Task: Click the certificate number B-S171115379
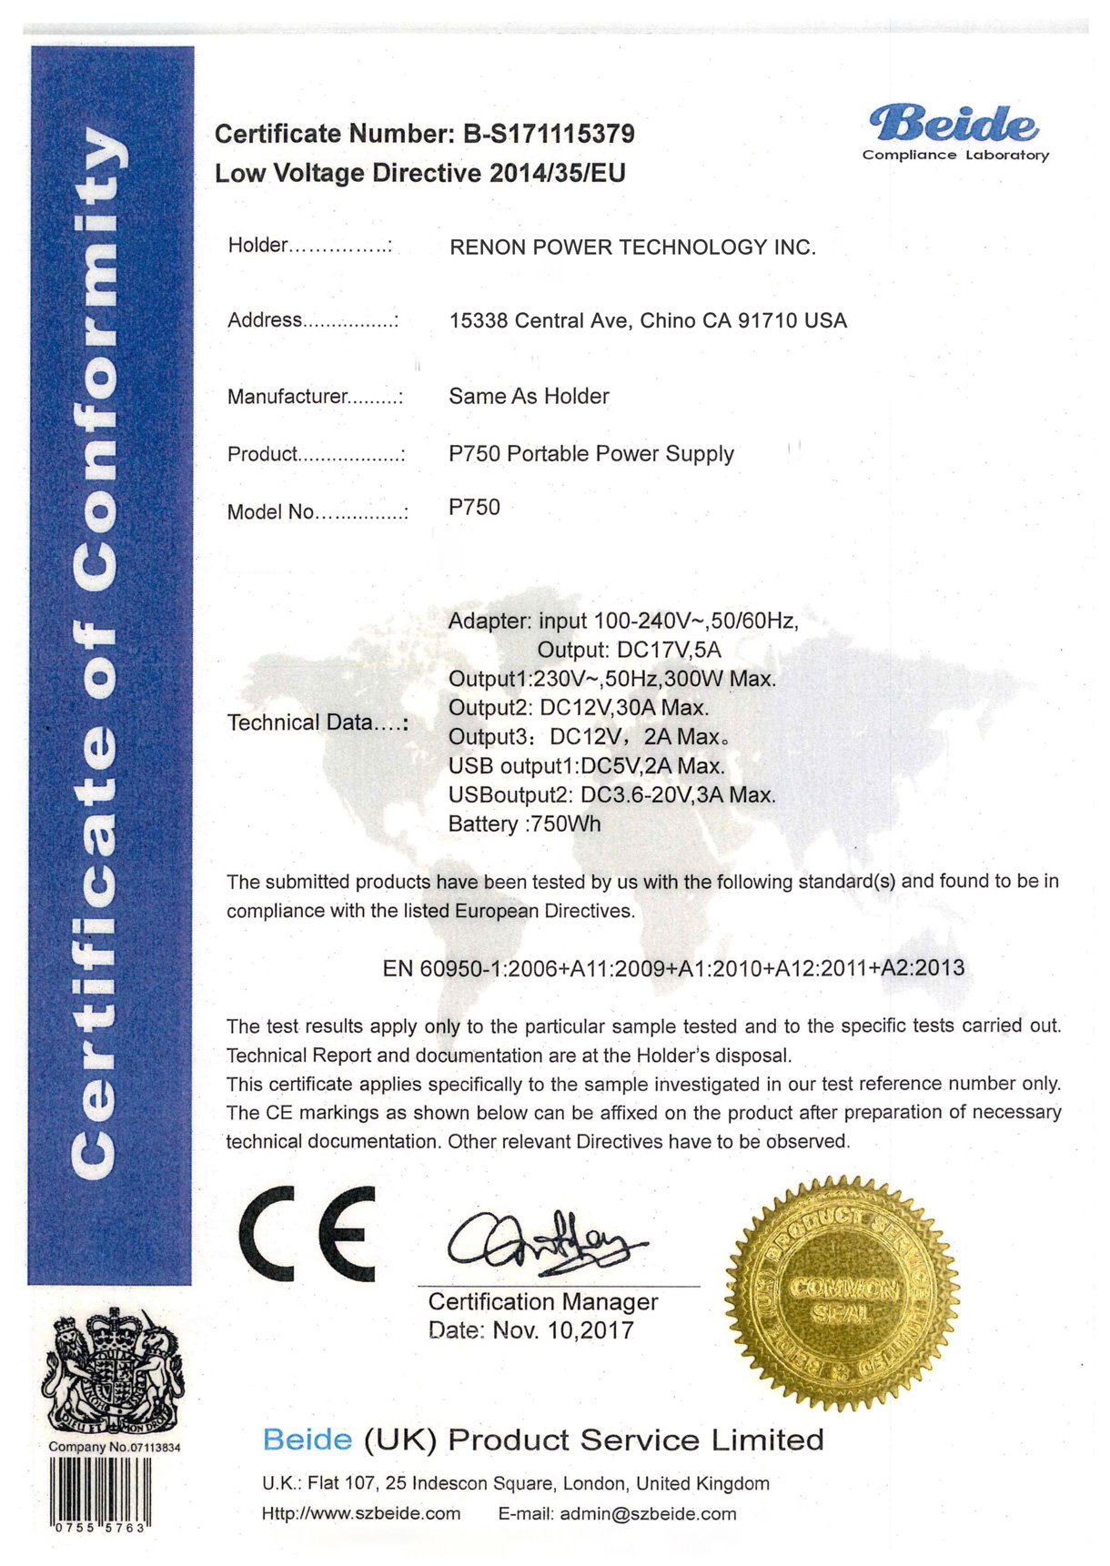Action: point(549,135)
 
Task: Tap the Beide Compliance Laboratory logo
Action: point(954,133)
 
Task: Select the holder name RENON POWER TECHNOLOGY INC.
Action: point(632,248)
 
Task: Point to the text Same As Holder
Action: point(529,396)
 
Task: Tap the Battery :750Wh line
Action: point(524,824)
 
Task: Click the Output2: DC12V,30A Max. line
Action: point(578,708)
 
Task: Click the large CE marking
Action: point(307,1234)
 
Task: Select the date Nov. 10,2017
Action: point(562,1330)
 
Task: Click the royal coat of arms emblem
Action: point(113,1370)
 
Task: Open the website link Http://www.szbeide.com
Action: point(361,1514)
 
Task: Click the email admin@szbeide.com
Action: point(647,1514)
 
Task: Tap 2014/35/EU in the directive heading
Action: point(557,174)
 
